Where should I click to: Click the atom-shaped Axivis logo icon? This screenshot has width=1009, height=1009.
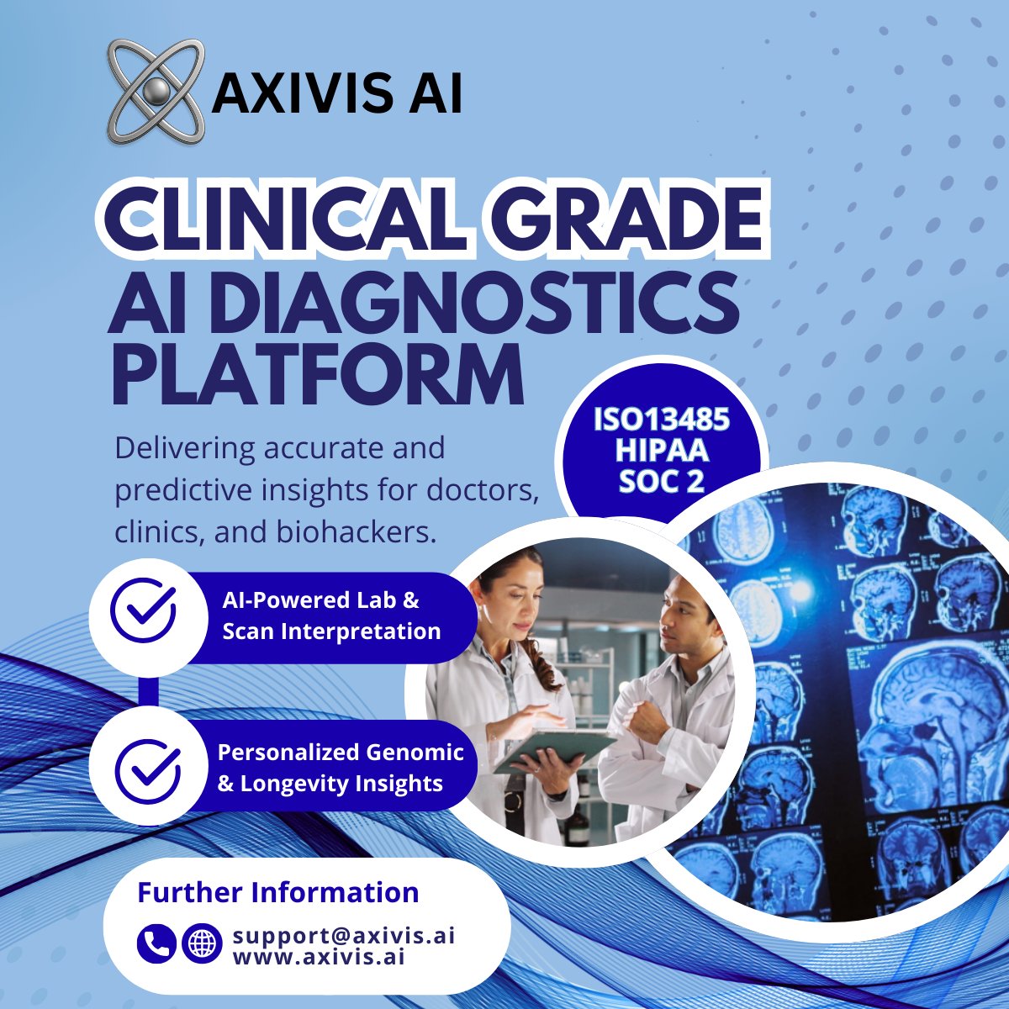(155, 90)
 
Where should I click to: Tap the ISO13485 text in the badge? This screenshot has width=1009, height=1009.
(661, 420)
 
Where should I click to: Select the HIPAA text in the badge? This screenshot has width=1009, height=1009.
(661, 452)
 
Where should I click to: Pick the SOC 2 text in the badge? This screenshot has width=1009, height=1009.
(661, 482)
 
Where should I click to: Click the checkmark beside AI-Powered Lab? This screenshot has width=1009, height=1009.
(144, 610)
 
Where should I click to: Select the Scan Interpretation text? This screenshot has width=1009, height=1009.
(331, 631)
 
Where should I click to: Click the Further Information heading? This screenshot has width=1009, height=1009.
(277, 892)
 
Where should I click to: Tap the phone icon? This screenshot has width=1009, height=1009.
(156, 943)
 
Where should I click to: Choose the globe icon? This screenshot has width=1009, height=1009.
(202, 943)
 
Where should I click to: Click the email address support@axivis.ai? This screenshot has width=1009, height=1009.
(344, 935)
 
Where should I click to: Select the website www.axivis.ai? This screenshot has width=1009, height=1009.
(319, 956)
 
